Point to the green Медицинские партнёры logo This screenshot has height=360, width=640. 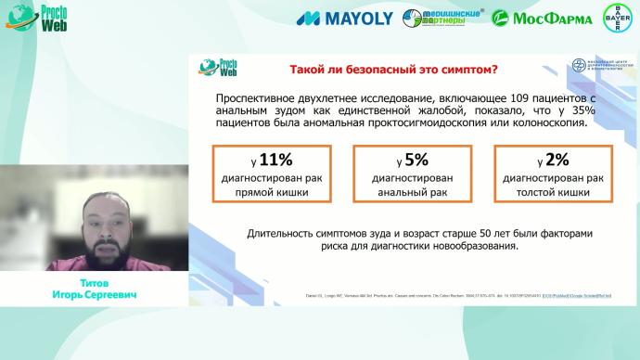coord(439,18)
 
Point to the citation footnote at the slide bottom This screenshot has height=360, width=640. coord(417,296)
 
